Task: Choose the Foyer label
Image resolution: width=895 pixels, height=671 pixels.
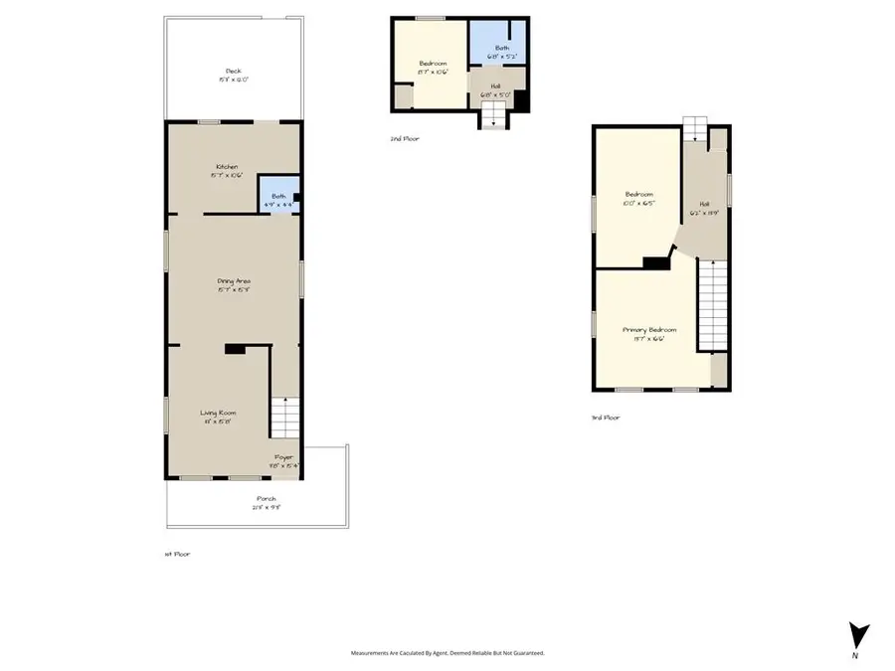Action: click(x=283, y=460)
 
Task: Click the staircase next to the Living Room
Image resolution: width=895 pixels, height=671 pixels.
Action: click(x=285, y=416)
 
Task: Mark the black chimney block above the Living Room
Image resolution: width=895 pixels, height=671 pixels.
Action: click(x=236, y=349)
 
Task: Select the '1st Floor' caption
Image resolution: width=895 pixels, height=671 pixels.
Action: click(x=176, y=554)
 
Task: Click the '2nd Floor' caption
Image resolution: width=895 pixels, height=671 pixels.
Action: click(x=405, y=139)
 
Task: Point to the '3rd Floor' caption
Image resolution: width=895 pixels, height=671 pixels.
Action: click(x=606, y=418)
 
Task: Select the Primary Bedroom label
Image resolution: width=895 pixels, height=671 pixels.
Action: click(x=649, y=333)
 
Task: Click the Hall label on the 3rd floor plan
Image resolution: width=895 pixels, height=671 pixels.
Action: click(x=703, y=208)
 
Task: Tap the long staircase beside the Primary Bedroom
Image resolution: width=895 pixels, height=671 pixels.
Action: click(x=711, y=303)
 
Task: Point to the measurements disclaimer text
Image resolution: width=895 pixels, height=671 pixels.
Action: click(x=447, y=653)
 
